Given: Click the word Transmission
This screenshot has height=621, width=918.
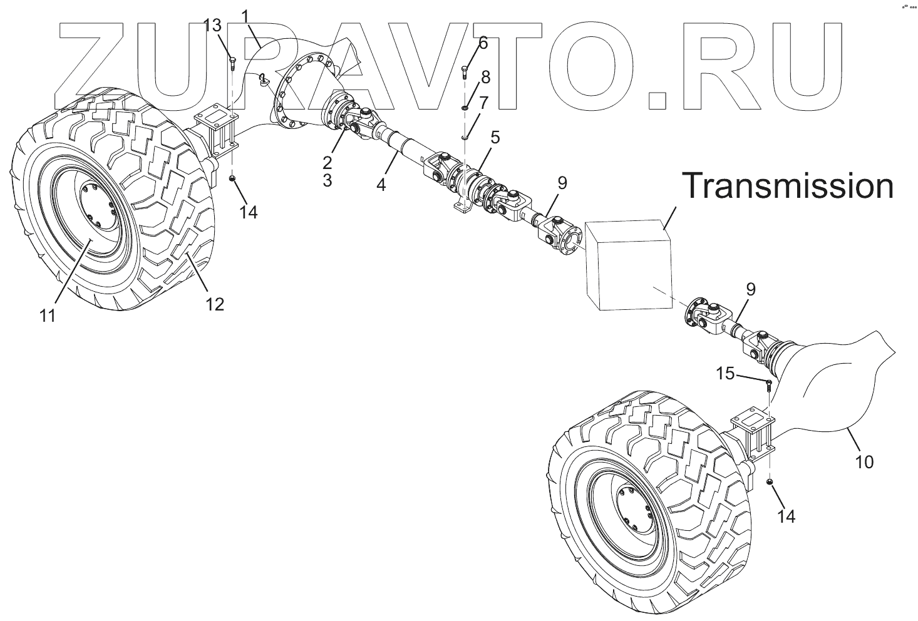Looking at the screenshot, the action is pos(787,187).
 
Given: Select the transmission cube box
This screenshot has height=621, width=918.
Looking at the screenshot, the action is pos(628,265).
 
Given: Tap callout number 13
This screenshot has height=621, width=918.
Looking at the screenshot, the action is pos(213,26).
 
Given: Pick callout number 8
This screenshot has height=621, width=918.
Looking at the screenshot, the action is pos(485,77).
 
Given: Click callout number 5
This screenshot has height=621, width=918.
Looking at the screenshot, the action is pos(495,138).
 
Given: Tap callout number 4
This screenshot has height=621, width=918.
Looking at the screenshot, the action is pos(381,185).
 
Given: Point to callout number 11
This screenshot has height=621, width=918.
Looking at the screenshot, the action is pos(48,316).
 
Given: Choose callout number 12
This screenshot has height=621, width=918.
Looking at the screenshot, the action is pos(214,304).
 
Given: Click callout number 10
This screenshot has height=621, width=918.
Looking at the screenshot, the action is pos(864,462).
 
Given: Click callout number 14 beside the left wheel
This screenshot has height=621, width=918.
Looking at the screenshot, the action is pos(249,212).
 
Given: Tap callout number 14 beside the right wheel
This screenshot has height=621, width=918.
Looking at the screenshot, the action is pos(786,516).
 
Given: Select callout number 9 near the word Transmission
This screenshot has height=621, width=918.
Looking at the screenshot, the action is pos(562,183).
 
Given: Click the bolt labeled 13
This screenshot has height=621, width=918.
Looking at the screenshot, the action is pos(232,62).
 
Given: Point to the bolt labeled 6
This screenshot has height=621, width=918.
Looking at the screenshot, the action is pos(465,72).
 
